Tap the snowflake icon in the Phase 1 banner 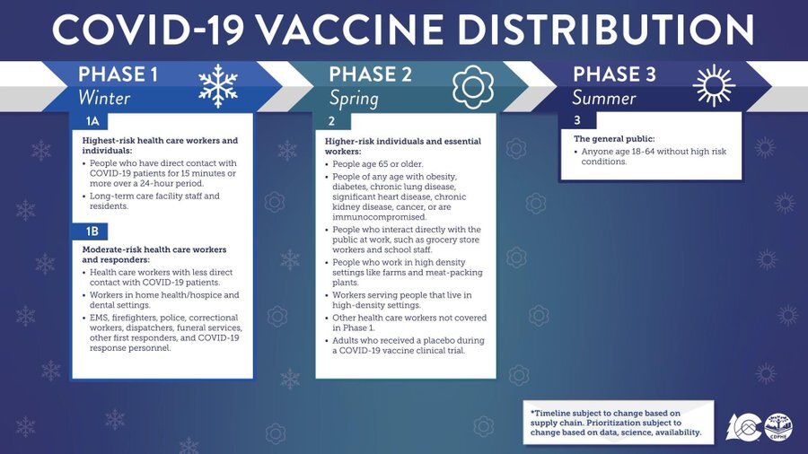(218, 86)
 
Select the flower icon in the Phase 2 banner (473, 86)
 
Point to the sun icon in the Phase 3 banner (714, 85)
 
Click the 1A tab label (92, 121)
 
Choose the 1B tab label (92, 231)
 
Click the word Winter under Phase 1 (104, 98)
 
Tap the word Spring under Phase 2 (354, 99)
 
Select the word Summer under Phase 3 (604, 98)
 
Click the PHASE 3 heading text (614, 74)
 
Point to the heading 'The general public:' (614, 139)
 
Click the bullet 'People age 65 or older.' (378, 164)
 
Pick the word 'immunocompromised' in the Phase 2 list (379, 217)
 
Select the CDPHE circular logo (778, 427)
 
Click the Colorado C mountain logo (743, 427)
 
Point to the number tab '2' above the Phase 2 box (331, 121)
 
